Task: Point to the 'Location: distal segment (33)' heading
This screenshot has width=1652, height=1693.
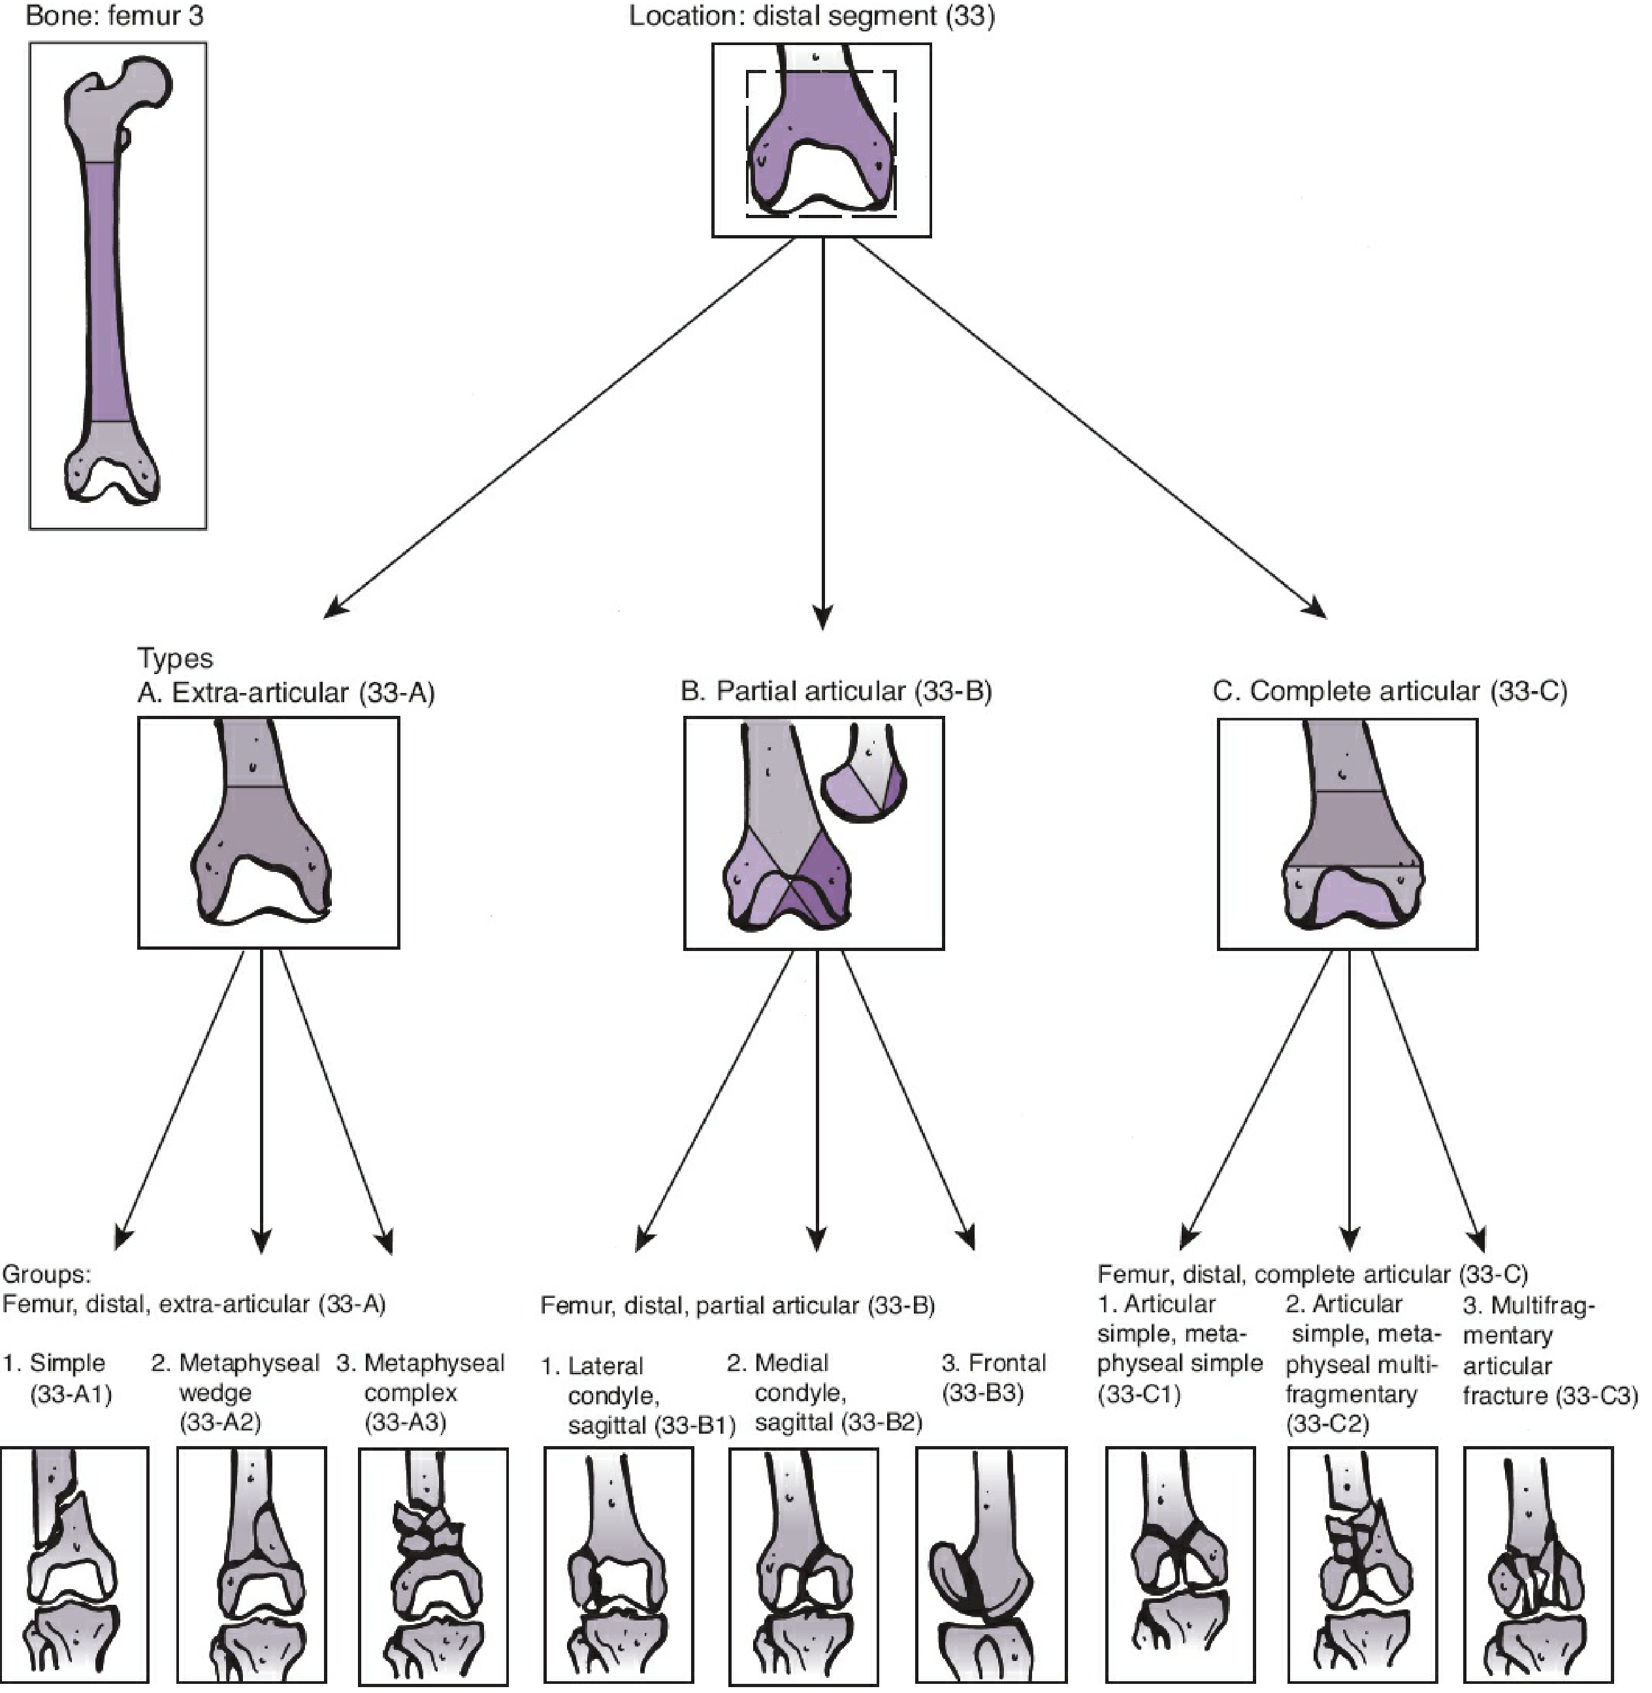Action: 811,16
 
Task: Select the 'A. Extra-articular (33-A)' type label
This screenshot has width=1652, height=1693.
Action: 285,692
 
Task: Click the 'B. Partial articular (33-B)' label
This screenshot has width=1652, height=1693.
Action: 836,691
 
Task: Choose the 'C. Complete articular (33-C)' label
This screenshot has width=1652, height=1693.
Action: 1390,691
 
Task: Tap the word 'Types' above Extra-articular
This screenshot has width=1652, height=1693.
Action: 174,658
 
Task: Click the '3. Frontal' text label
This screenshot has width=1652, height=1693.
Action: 994,1362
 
